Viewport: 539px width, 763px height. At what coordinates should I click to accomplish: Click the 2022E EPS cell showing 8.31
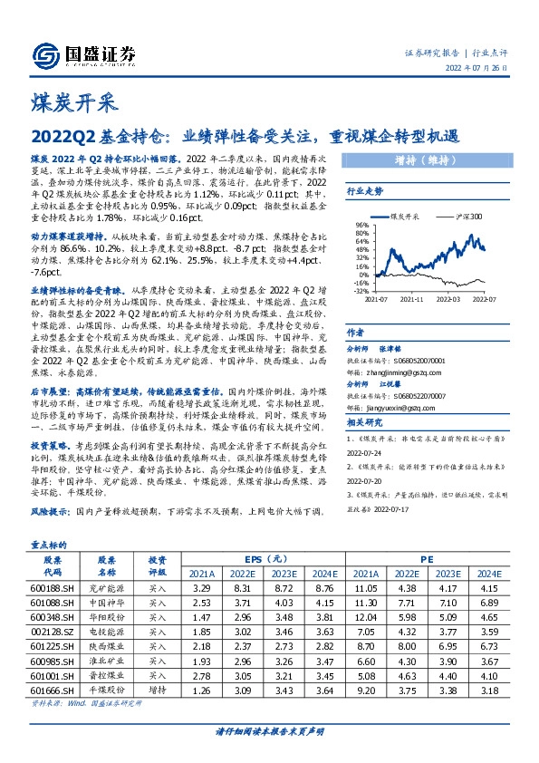tap(239, 602)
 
